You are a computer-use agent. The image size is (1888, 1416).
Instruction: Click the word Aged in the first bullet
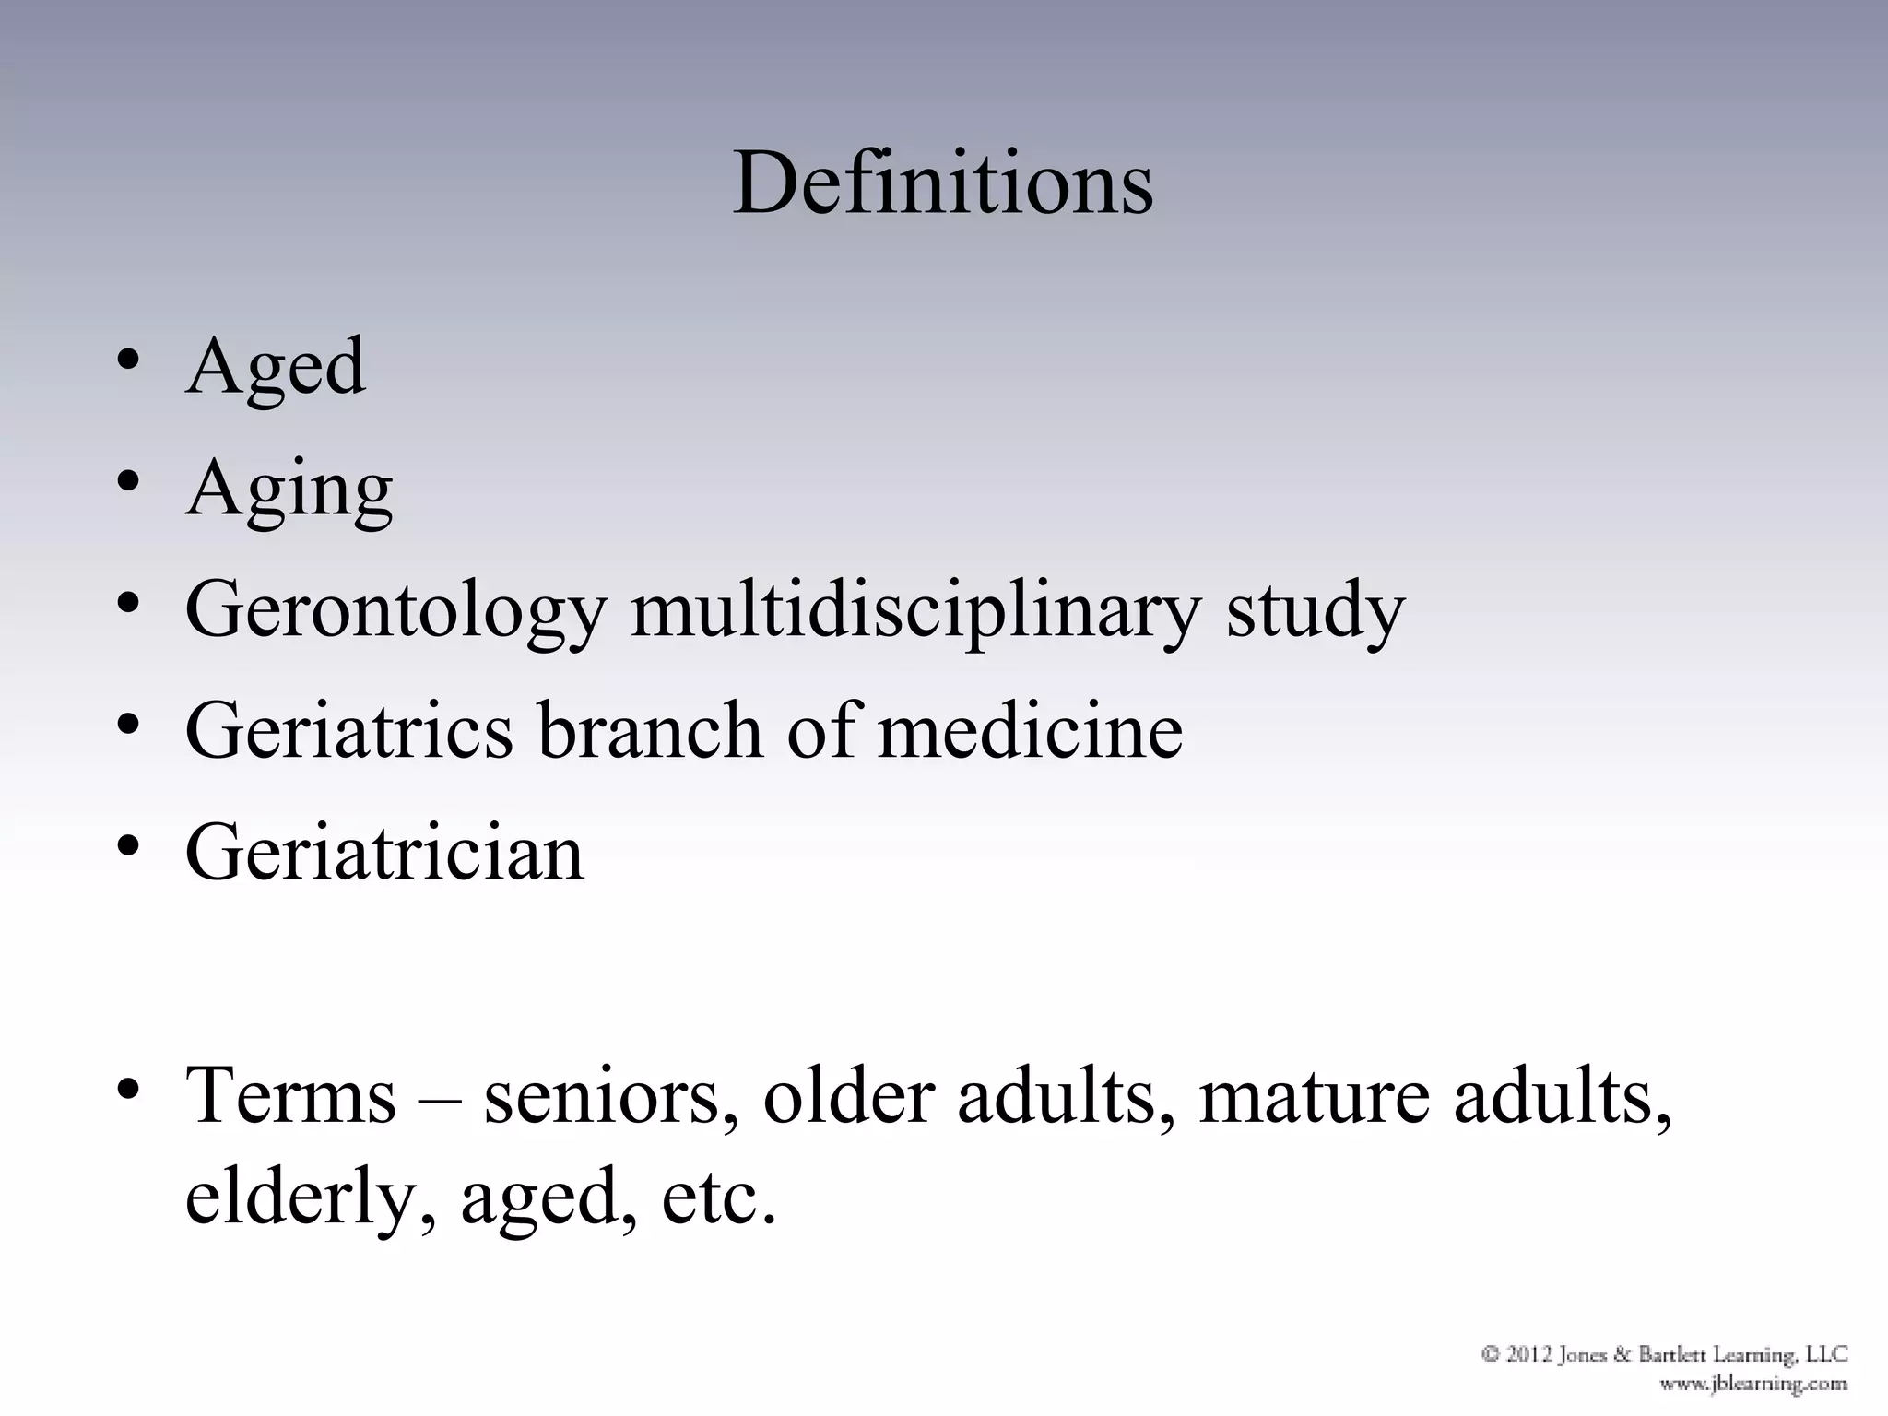point(275,367)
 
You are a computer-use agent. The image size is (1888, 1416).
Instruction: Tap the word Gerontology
point(395,610)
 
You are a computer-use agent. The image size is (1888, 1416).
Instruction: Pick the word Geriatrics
point(348,730)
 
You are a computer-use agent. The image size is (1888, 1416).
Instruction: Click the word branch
point(651,730)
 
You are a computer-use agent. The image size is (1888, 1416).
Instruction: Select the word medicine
point(1030,730)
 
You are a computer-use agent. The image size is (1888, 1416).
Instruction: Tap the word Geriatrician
point(384,853)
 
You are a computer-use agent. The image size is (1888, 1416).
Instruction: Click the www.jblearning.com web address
point(1752,1383)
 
